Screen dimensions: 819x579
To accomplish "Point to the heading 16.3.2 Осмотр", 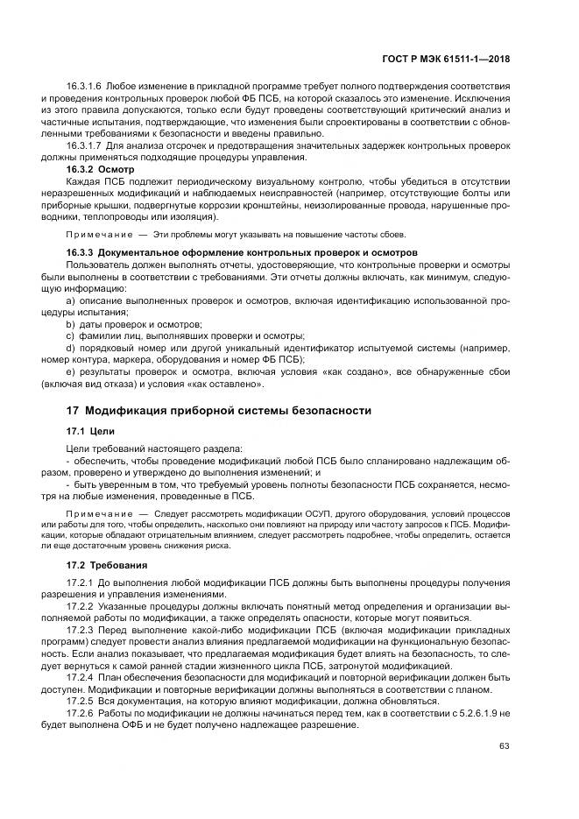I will pos(100,166).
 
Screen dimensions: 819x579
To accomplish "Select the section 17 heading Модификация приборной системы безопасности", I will pos(219,410).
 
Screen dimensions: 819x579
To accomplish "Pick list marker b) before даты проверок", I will pos(71,323).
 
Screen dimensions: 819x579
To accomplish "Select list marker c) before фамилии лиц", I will pos(71,335).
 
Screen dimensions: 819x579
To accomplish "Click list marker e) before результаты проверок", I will pos(71,371).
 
